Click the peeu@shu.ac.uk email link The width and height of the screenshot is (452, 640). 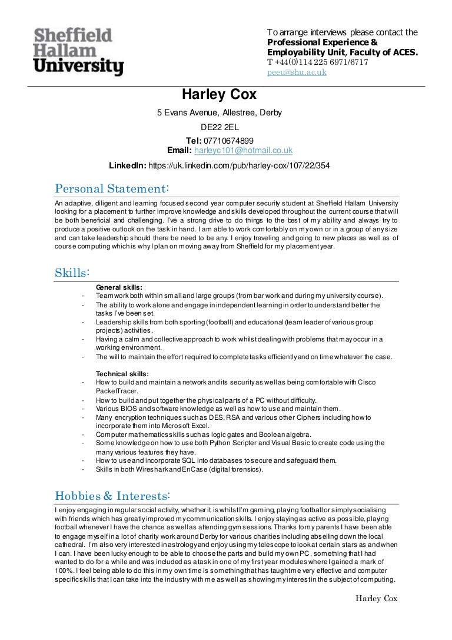click(297, 72)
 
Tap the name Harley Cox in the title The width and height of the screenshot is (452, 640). click(218, 95)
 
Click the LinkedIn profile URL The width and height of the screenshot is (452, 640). click(239, 166)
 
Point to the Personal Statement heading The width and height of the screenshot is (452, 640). click(112, 188)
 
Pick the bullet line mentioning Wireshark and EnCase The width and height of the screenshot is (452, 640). click(180, 469)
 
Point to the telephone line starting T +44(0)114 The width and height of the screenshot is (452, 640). click(318, 62)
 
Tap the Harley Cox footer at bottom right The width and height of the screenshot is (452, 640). click(377, 599)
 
